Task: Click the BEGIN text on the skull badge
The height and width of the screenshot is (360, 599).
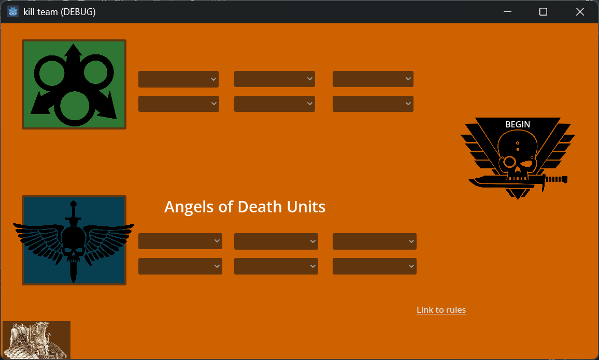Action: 518,124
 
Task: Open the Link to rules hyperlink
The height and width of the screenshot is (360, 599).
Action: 441,310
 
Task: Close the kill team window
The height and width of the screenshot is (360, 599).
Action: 580,12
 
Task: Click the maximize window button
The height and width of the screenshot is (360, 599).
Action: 543,12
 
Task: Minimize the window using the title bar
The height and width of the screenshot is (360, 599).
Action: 507,12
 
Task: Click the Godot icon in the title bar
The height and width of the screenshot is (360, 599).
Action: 13,12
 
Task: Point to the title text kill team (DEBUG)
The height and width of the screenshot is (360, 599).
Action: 60,12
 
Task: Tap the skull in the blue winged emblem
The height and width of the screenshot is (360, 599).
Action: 74,242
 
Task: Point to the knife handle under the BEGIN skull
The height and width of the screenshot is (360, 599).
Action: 556,179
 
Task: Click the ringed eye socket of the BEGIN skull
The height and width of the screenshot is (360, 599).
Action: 509,162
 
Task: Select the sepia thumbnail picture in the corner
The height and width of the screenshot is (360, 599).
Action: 37,340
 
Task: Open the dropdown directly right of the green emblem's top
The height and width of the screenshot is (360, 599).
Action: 178,79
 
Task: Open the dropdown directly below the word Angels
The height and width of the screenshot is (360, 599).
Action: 180,241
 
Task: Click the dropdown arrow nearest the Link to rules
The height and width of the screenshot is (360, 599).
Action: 411,266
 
